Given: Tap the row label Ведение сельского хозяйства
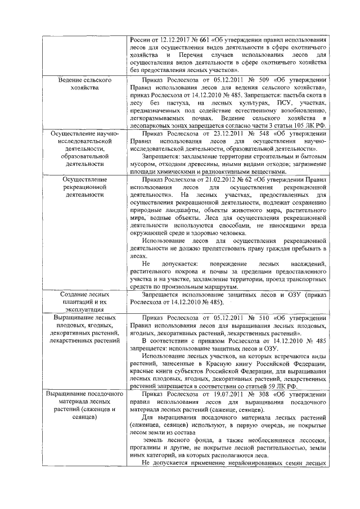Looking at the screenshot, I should pyautogui.click(x=84, y=84).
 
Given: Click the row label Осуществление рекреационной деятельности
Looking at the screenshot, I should pyautogui.click(x=84, y=187).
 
